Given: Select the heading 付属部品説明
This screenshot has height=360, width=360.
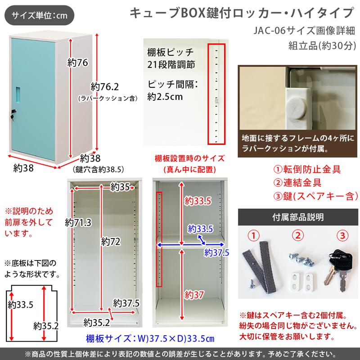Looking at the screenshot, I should [x=297, y=217].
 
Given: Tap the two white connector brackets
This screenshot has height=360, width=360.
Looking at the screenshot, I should [x=302, y=277].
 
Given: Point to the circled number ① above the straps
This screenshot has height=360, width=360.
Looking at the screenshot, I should [x=255, y=235].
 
